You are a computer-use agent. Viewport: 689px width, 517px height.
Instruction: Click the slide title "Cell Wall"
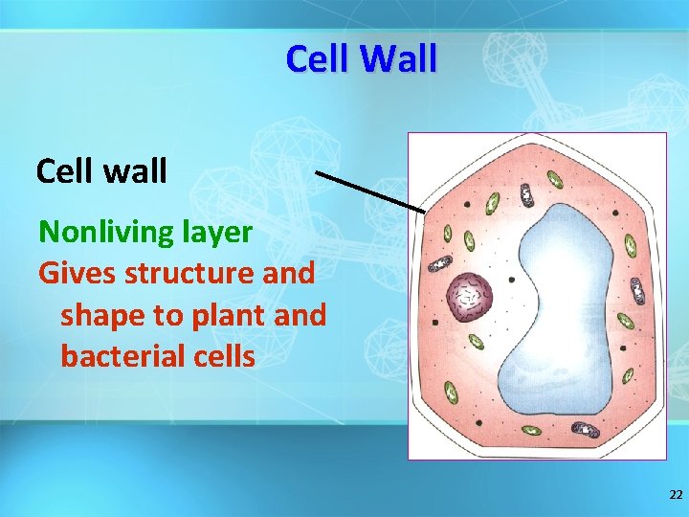tap(361, 59)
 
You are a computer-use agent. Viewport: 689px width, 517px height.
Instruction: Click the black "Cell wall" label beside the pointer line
tap(101, 171)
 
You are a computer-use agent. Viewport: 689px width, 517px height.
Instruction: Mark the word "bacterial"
tap(126, 356)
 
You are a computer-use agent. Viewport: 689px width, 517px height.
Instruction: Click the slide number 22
tap(676, 495)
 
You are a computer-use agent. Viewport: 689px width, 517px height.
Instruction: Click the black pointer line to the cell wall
tap(369, 191)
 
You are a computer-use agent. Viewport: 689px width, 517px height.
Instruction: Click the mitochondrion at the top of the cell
tap(525, 195)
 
